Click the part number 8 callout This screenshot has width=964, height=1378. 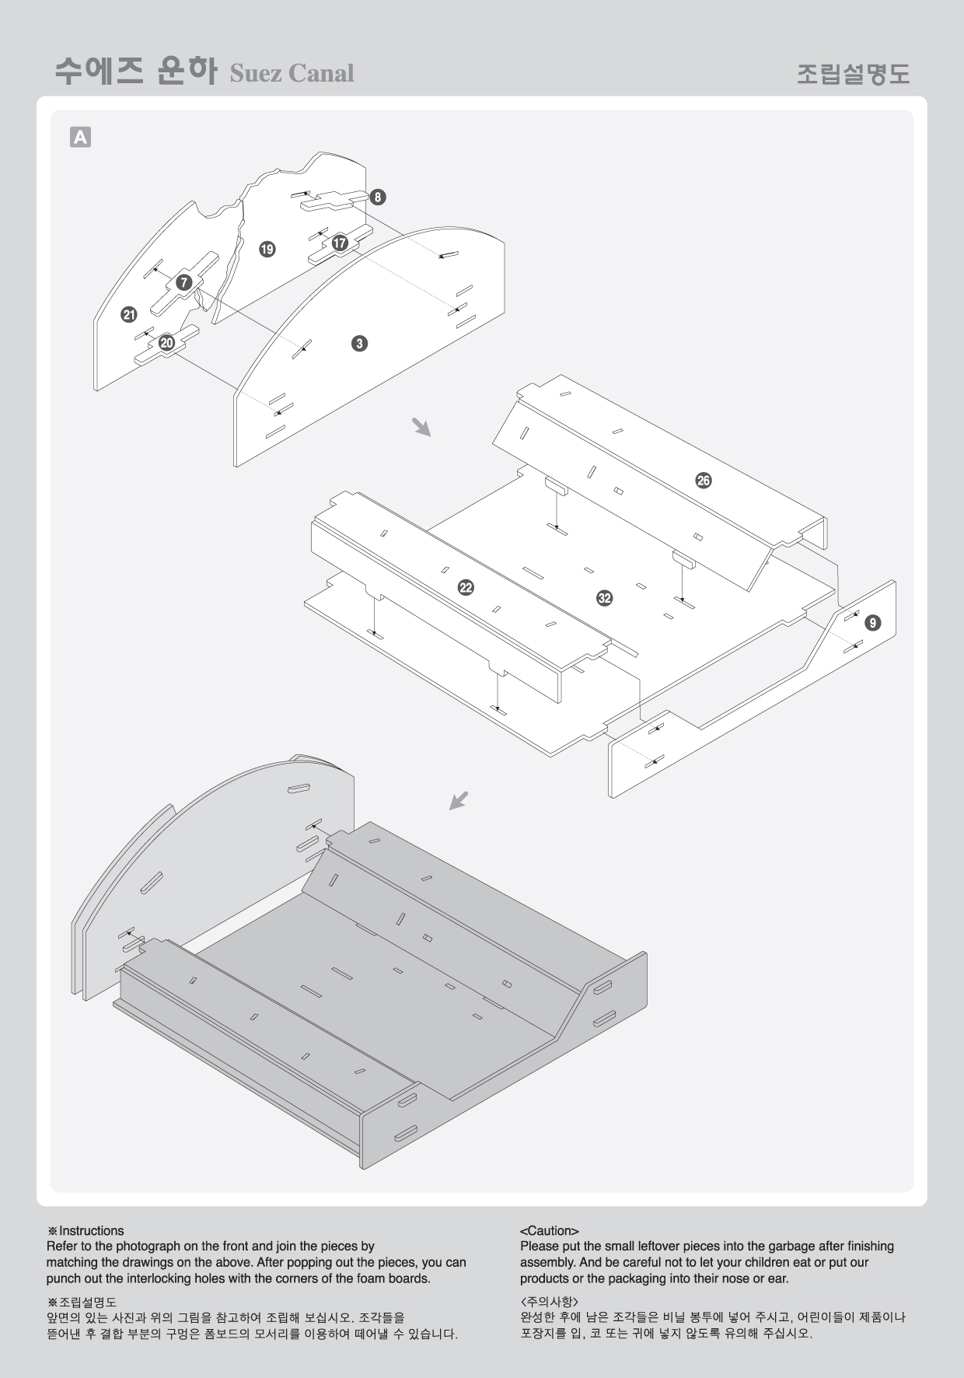377,197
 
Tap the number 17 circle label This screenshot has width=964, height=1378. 340,243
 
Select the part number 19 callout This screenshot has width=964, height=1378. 267,249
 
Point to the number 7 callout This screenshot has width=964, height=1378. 183,282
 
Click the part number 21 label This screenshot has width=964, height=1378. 129,315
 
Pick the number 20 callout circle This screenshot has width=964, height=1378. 166,343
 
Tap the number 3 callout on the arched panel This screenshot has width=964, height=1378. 358,343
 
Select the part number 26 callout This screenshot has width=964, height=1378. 703,481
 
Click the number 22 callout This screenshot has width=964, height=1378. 466,588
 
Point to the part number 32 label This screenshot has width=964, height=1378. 604,598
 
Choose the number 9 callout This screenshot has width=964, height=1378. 873,622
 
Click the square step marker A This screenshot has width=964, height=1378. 80,137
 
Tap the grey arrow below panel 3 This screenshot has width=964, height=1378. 421,426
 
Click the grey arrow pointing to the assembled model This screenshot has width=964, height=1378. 459,800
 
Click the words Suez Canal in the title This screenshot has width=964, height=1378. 292,73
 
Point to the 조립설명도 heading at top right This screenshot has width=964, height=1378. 853,73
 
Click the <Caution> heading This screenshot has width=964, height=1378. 550,1231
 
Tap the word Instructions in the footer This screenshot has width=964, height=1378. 91,1230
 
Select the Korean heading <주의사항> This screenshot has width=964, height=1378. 549,1300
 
